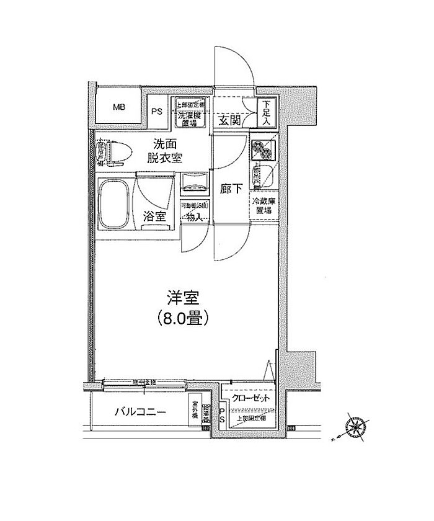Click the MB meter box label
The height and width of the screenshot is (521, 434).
[118, 107]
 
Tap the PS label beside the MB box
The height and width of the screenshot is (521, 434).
[157, 112]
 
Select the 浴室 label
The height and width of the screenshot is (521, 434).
[155, 216]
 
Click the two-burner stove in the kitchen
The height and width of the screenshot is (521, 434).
[262, 149]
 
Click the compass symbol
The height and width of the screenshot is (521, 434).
[355, 427]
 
